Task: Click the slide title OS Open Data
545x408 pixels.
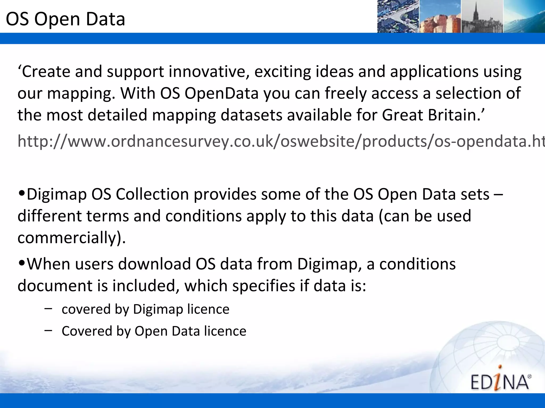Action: (x=65, y=19)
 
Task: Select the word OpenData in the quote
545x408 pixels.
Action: (x=222, y=93)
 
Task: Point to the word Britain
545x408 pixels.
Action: (x=454, y=115)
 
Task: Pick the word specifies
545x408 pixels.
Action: (x=264, y=286)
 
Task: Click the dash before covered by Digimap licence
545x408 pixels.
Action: (x=48, y=308)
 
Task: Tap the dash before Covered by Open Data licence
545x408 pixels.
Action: (x=48, y=330)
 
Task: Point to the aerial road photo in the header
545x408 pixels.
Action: (x=398, y=16)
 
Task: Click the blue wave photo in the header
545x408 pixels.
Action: (x=524, y=16)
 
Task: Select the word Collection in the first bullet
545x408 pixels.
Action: (x=152, y=194)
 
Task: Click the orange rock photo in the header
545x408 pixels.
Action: (x=440, y=23)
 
